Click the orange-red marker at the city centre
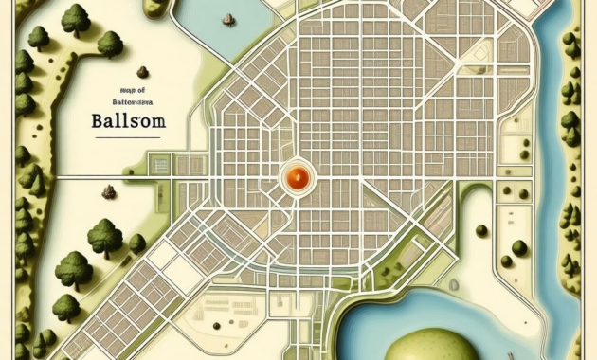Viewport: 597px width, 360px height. click(x=298, y=175)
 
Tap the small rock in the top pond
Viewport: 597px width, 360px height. click(x=226, y=19)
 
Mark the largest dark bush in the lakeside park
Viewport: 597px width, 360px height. click(x=518, y=248)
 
